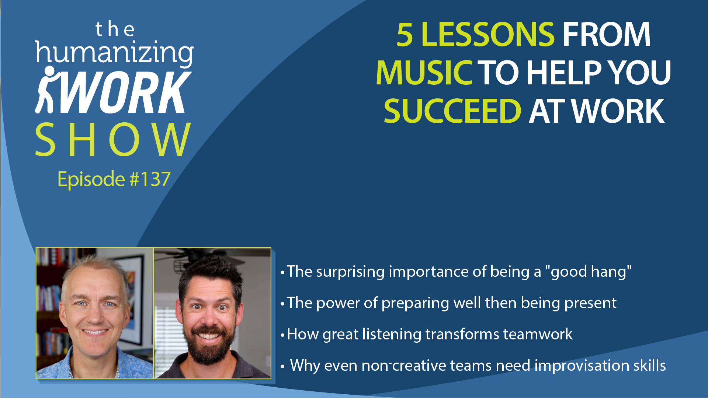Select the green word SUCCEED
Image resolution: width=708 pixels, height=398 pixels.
point(452,111)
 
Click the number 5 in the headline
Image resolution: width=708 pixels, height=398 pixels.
point(405,35)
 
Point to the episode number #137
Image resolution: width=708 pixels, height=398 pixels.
point(150,179)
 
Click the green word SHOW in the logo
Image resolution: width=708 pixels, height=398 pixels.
point(113,140)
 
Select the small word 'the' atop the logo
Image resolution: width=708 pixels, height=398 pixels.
point(115,29)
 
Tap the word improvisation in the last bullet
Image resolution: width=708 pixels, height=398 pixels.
point(582,366)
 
